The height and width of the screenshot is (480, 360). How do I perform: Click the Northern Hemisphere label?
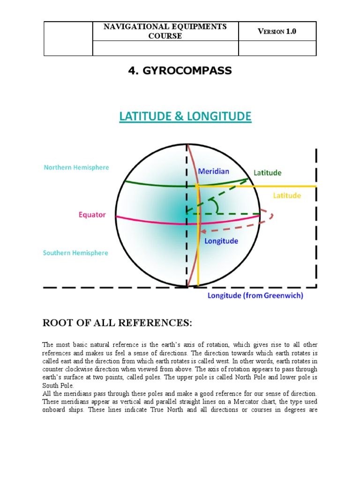pyautogui.click(x=76, y=167)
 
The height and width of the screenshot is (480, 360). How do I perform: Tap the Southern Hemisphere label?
pyautogui.click(x=75, y=253)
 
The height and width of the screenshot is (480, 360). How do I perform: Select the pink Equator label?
pyautogui.click(x=92, y=215)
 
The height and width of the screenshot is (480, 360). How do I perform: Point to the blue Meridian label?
pyautogui.click(x=214, y=172)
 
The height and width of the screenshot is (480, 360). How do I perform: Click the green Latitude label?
pyautogui.click(x=268, y=172)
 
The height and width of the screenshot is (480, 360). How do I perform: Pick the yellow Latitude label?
pyautogui.click(x=287, y=195)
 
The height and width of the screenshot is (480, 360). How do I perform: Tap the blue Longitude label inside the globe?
pyautogui.click(x=221, y=241)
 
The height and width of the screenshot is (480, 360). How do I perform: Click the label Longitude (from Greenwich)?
pyautogui.click(x=255, y=296)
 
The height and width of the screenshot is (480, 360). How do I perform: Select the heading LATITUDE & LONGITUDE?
pyautogui.click(x=185, y=117)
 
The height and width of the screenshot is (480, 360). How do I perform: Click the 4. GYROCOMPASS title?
pyautogui.click(x=180, y=71)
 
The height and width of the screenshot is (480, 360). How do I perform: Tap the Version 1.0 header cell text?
pyautogui.click(x=277, y=31)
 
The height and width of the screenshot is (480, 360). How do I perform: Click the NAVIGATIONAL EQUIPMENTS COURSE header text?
pyautogui.click(x=165, y=31)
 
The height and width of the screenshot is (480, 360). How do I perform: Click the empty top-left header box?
pyautogui.click(x=68, y=38)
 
